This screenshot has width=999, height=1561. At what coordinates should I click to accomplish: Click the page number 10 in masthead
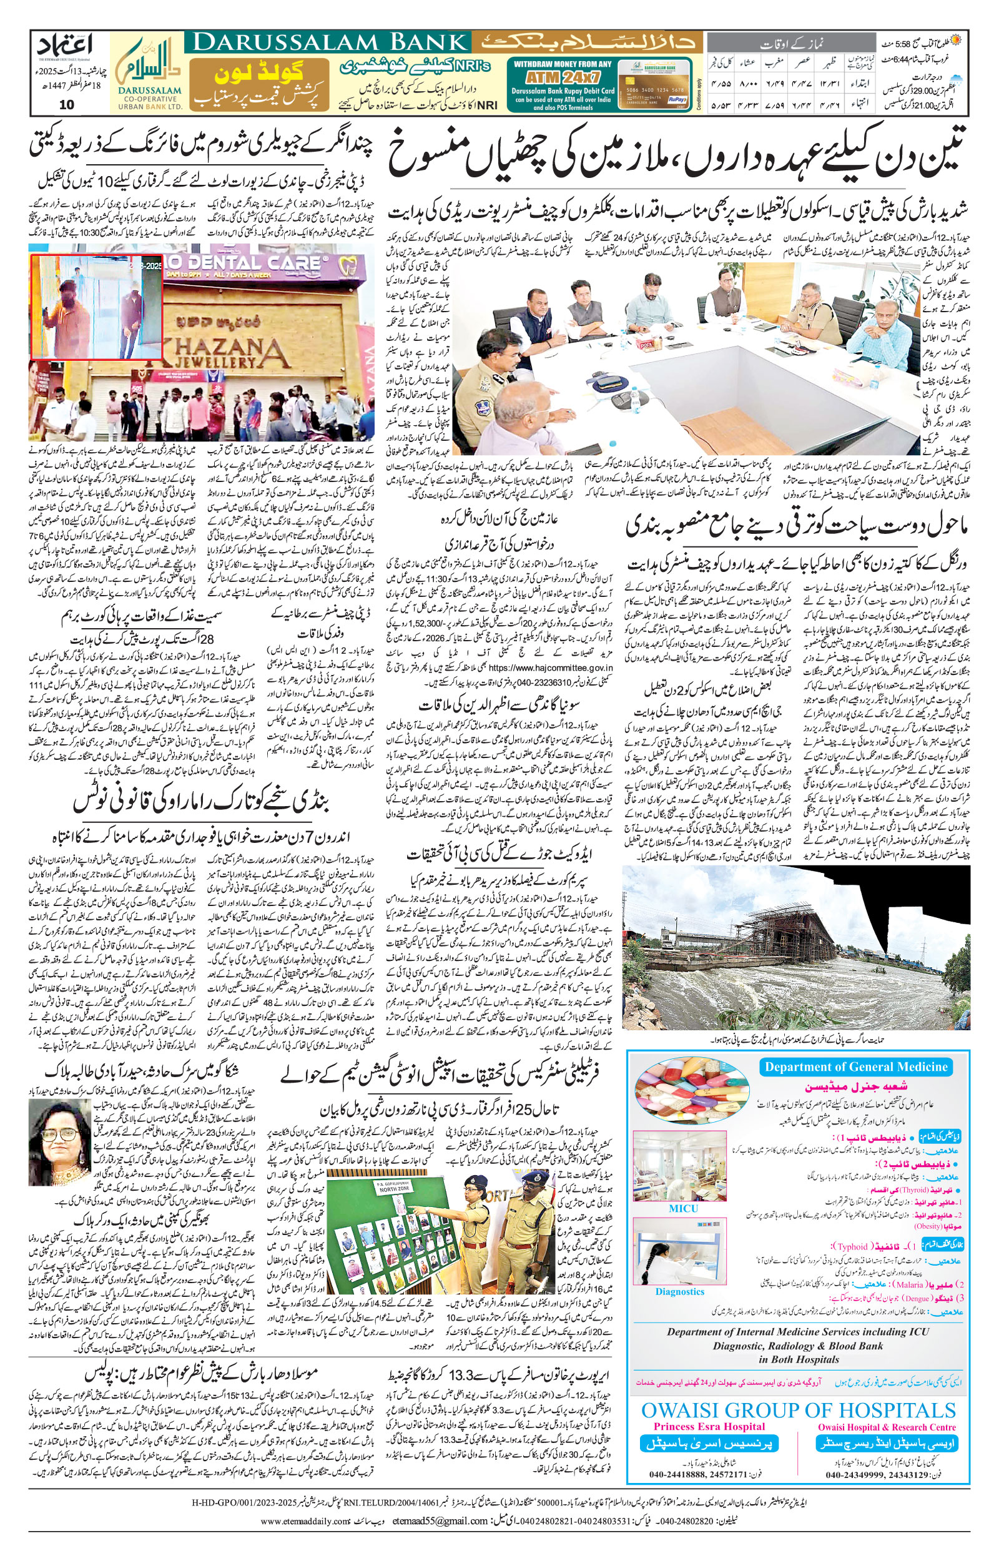(x=67, y=105)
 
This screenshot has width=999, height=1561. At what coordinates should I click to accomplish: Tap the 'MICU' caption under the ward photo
(x=682, y=1208)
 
